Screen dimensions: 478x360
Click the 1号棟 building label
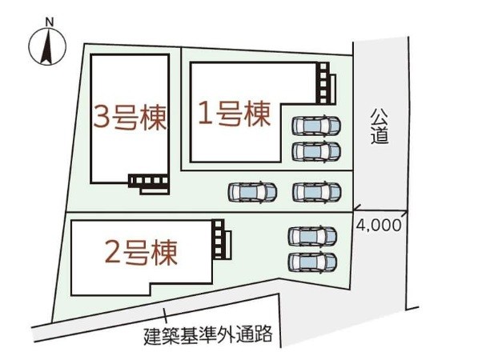tap(234, 114)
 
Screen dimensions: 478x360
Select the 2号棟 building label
tap(141, 253)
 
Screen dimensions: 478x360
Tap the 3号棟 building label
tap(130, 118)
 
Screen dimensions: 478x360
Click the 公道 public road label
tap(380, 126)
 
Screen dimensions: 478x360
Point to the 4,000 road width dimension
tap(379, 226)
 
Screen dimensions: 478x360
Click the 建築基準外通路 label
tap(208, 335)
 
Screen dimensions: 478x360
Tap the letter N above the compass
tap(50, 22)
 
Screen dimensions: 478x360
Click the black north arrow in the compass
tap(47, 46)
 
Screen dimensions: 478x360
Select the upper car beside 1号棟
tap(316, 125)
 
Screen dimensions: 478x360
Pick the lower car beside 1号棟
tap(316, 151)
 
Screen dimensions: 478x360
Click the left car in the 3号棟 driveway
tap(252, 193)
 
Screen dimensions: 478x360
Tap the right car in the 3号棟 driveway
tap(317, 193)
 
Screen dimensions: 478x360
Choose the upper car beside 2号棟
tap(312, 236)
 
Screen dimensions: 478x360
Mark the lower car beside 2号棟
tap(312, 262)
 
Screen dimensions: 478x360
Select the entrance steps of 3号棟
tap(150, 184)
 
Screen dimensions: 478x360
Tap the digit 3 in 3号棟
tap(102, 118)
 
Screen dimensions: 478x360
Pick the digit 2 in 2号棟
tap(113, 253)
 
